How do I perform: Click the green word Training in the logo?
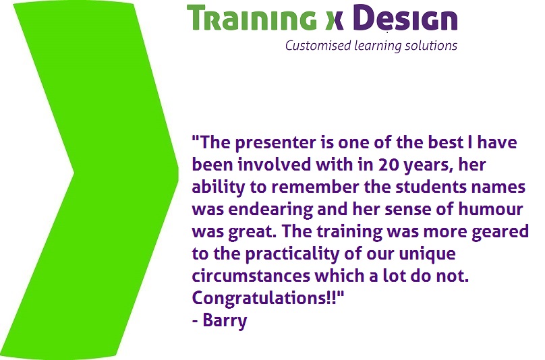(252, 18)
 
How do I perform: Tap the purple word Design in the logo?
(407, 18)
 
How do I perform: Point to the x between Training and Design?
(335, 21)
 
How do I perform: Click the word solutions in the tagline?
(431, 46)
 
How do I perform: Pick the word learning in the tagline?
(378, 46)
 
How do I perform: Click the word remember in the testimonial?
(315, 187)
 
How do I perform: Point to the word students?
(431, 187)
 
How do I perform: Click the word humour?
(490, 209)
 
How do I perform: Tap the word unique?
(427, 254)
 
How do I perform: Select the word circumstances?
(251, 276)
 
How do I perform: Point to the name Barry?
(225, 320)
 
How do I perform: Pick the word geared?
(500, 231)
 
